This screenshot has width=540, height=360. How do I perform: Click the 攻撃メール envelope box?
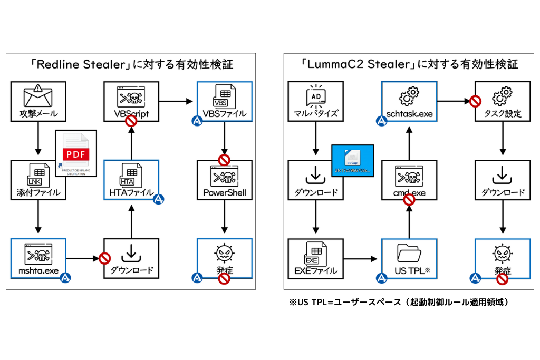coord(38,101)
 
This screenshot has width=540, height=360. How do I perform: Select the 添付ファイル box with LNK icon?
coord(38,181)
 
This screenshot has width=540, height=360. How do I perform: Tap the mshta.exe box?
coord(38,258)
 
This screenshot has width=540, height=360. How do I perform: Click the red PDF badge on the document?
coord(77,154)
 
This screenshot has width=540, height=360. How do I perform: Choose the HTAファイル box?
coord(131,181)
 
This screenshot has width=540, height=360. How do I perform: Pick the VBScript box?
coord(131,101)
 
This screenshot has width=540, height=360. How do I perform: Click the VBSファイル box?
coord(225,101)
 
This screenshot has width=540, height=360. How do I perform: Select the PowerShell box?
coord(225,181)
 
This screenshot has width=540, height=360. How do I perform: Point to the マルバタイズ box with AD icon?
coord(315,101)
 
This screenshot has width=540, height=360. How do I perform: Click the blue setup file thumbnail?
coord(353,159)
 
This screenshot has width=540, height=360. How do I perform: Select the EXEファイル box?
coord(315,258)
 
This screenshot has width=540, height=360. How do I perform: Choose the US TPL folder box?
coord(409,258)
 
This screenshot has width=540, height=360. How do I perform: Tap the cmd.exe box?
coord(409,181)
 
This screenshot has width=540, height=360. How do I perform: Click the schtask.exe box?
coord(409,101)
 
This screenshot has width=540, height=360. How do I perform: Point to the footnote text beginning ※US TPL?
coord(400,303)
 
